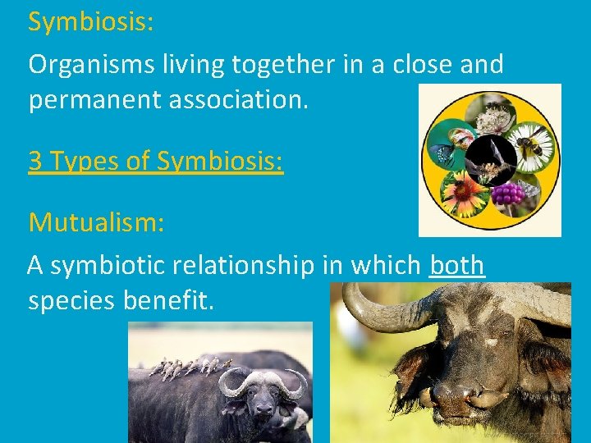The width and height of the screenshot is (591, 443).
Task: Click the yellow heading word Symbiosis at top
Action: click(x=90, y=22)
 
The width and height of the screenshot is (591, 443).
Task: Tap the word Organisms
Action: click(x=92, y=65)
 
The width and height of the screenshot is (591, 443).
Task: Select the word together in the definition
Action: click(x=283, y=65)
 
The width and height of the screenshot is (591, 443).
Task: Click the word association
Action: click(x=238, y=99)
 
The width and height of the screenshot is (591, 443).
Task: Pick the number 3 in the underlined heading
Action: click(x=35, y=160)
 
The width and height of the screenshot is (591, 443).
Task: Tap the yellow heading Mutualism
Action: click(x=97, y=222)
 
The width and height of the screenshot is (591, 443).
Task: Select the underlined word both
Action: click(x=457, y=265)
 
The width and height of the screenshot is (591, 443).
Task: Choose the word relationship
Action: click(x=243, y=266)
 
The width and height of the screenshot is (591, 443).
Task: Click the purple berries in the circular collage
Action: click(x=508, y=194)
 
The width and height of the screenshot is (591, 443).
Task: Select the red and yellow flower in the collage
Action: click(x=464, y=194)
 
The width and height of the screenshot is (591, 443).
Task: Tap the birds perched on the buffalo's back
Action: click(x=190, y=367)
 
